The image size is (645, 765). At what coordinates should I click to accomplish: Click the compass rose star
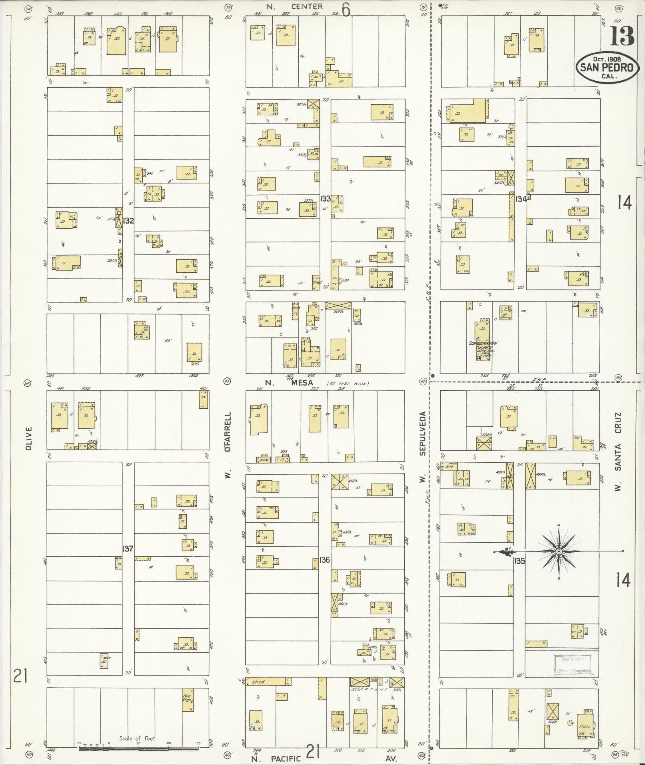559,551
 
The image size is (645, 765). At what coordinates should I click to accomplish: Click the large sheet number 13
622,37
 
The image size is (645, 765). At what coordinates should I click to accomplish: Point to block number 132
128,220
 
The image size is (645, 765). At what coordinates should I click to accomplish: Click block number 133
325,198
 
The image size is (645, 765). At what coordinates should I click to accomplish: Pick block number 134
521,199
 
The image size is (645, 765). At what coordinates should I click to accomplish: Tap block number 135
520,561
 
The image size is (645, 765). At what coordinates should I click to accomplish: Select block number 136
325,559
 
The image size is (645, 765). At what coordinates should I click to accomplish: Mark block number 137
128,548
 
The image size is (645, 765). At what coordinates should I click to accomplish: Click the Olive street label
28,438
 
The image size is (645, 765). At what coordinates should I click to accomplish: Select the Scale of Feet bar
139,747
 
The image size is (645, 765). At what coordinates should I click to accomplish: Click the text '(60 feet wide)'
348,383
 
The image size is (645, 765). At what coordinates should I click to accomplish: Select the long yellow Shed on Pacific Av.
266,682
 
